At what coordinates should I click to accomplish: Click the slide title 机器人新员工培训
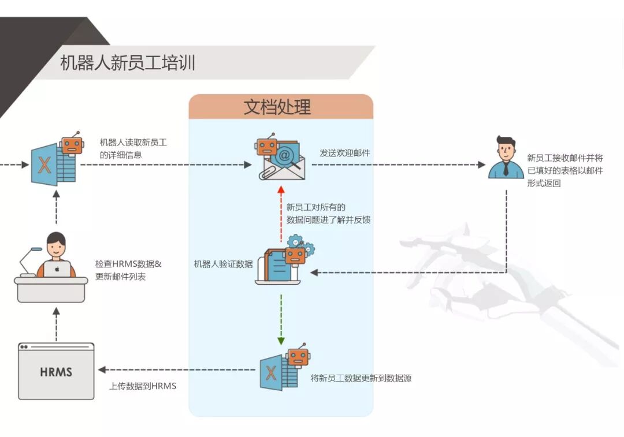[128, 62]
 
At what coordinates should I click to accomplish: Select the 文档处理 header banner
[281, 107]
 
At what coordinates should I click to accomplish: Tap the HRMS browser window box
[56, 371]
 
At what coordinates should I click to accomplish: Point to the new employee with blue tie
[506, 158]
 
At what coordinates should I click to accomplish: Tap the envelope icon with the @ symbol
[281, 162]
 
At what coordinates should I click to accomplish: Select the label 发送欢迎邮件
[345, 153]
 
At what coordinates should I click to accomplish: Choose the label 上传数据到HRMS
[143, 386]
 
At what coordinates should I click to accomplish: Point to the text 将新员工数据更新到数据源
[361, 378]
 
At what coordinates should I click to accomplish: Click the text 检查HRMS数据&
[128, 264]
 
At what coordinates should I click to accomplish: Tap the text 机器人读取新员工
[133, 142]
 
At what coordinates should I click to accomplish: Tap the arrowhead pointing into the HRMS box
[102, 369]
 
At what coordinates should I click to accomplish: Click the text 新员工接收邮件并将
[565, 158]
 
